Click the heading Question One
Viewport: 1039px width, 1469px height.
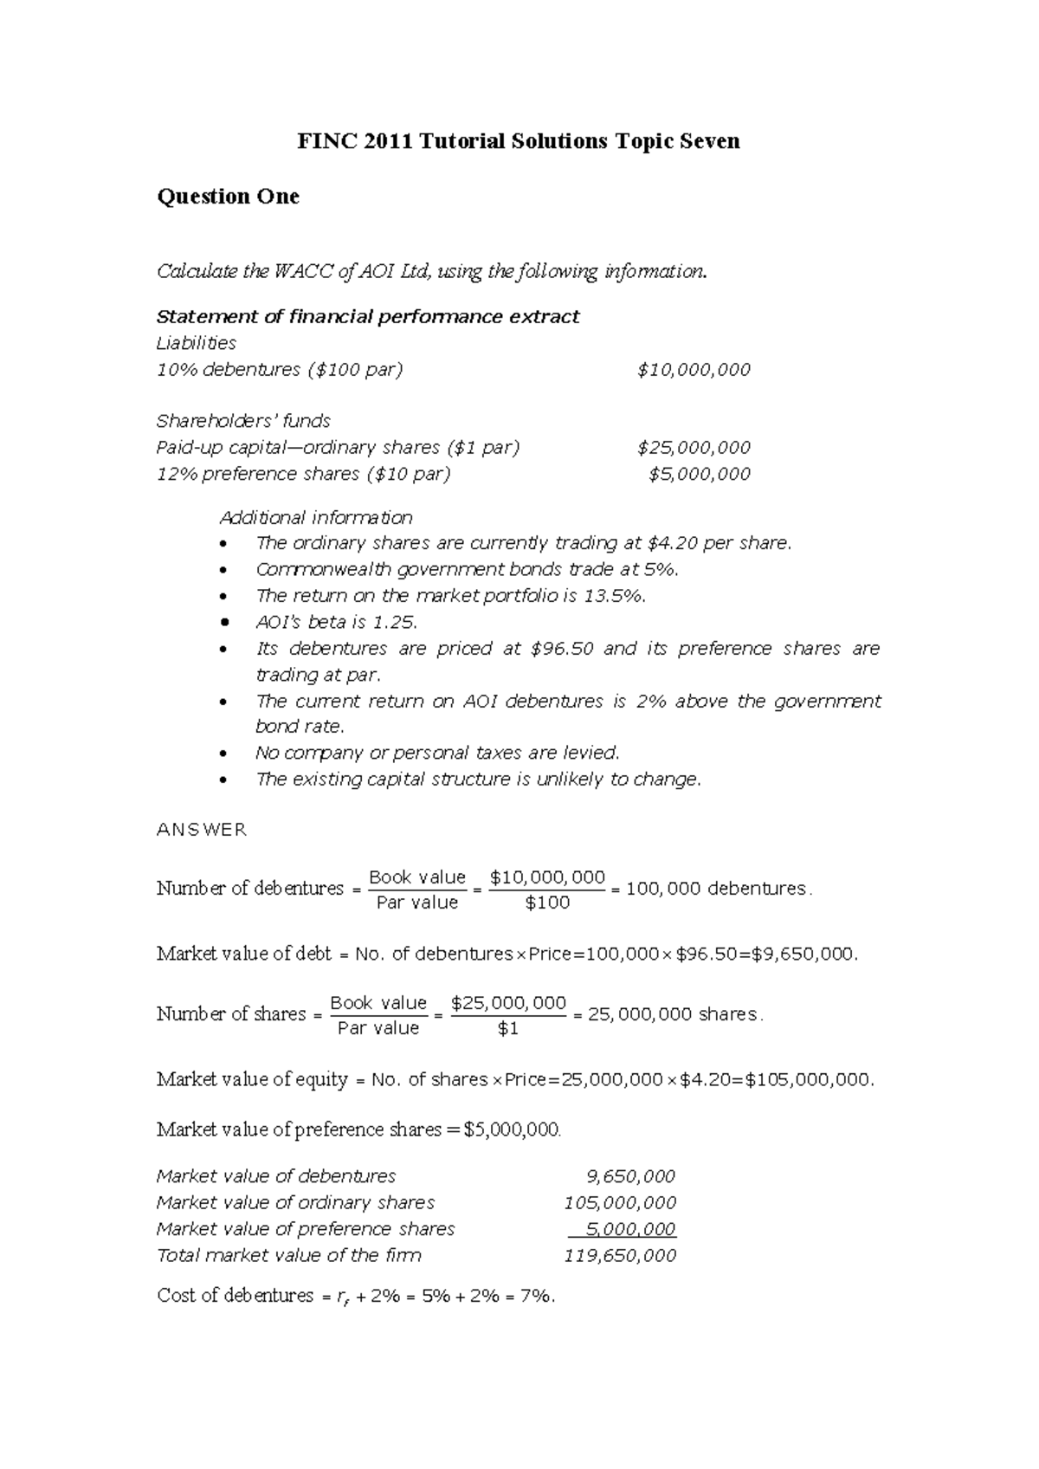coord(228,197)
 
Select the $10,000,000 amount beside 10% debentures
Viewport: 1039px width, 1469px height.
coord(694,370)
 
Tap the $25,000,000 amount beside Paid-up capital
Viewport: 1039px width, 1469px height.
coord(694,448)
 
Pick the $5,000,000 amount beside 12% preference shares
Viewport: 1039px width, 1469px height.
coord(700,474)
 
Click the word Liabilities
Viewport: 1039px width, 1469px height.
coord(196,343)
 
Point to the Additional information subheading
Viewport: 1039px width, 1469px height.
coord(316,518)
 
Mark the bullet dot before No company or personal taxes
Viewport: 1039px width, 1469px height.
coord(225,754)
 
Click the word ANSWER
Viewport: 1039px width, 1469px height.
coord(201,830)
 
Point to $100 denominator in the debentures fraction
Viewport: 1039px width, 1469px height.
coord(547,903)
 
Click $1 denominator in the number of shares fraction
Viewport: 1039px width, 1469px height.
coord(508,1028)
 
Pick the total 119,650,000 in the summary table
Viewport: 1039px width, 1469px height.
coord(620,1256)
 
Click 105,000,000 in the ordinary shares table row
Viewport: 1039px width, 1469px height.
coord(620,1203)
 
